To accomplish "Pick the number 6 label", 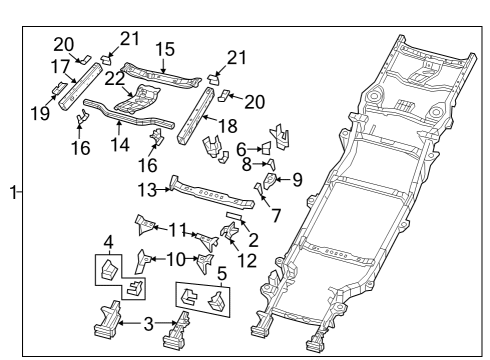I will point(240,147).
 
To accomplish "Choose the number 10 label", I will point(175,259).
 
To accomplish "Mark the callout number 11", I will point(177,229).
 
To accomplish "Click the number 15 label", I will point(164,47).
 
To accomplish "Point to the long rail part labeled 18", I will point(196,115).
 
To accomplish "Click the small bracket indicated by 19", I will point(61,91).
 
